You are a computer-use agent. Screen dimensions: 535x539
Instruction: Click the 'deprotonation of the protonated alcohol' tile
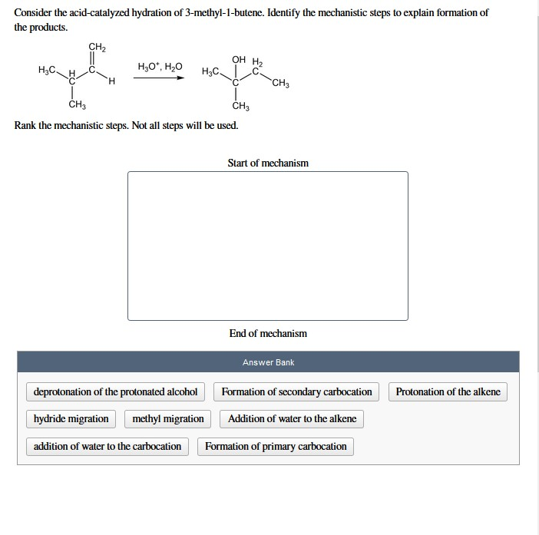coord(115,392)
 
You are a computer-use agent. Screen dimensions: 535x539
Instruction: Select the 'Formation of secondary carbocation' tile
coord(296,392)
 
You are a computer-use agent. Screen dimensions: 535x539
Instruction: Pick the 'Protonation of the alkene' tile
coord(448,392)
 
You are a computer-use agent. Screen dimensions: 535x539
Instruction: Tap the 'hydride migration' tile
coord(71,419)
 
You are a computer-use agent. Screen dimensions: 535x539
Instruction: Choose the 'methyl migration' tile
coord(168,419)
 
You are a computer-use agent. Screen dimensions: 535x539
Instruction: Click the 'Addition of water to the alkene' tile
coord(292,419)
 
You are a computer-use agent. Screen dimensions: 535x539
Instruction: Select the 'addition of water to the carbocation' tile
coord(107,447)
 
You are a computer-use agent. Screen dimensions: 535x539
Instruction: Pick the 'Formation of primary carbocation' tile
coord(276,447)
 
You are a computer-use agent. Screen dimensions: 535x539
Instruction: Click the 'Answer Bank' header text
coord(268,362)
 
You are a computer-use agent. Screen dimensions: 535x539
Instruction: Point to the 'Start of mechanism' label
coord(268,163)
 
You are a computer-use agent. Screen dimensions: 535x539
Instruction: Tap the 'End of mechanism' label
coord(268,333)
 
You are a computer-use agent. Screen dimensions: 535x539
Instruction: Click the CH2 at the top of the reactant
coord(97,48)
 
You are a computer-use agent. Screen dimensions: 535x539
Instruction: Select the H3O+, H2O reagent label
coord(160,66)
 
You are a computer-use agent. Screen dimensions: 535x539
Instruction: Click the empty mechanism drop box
coord(268,246)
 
